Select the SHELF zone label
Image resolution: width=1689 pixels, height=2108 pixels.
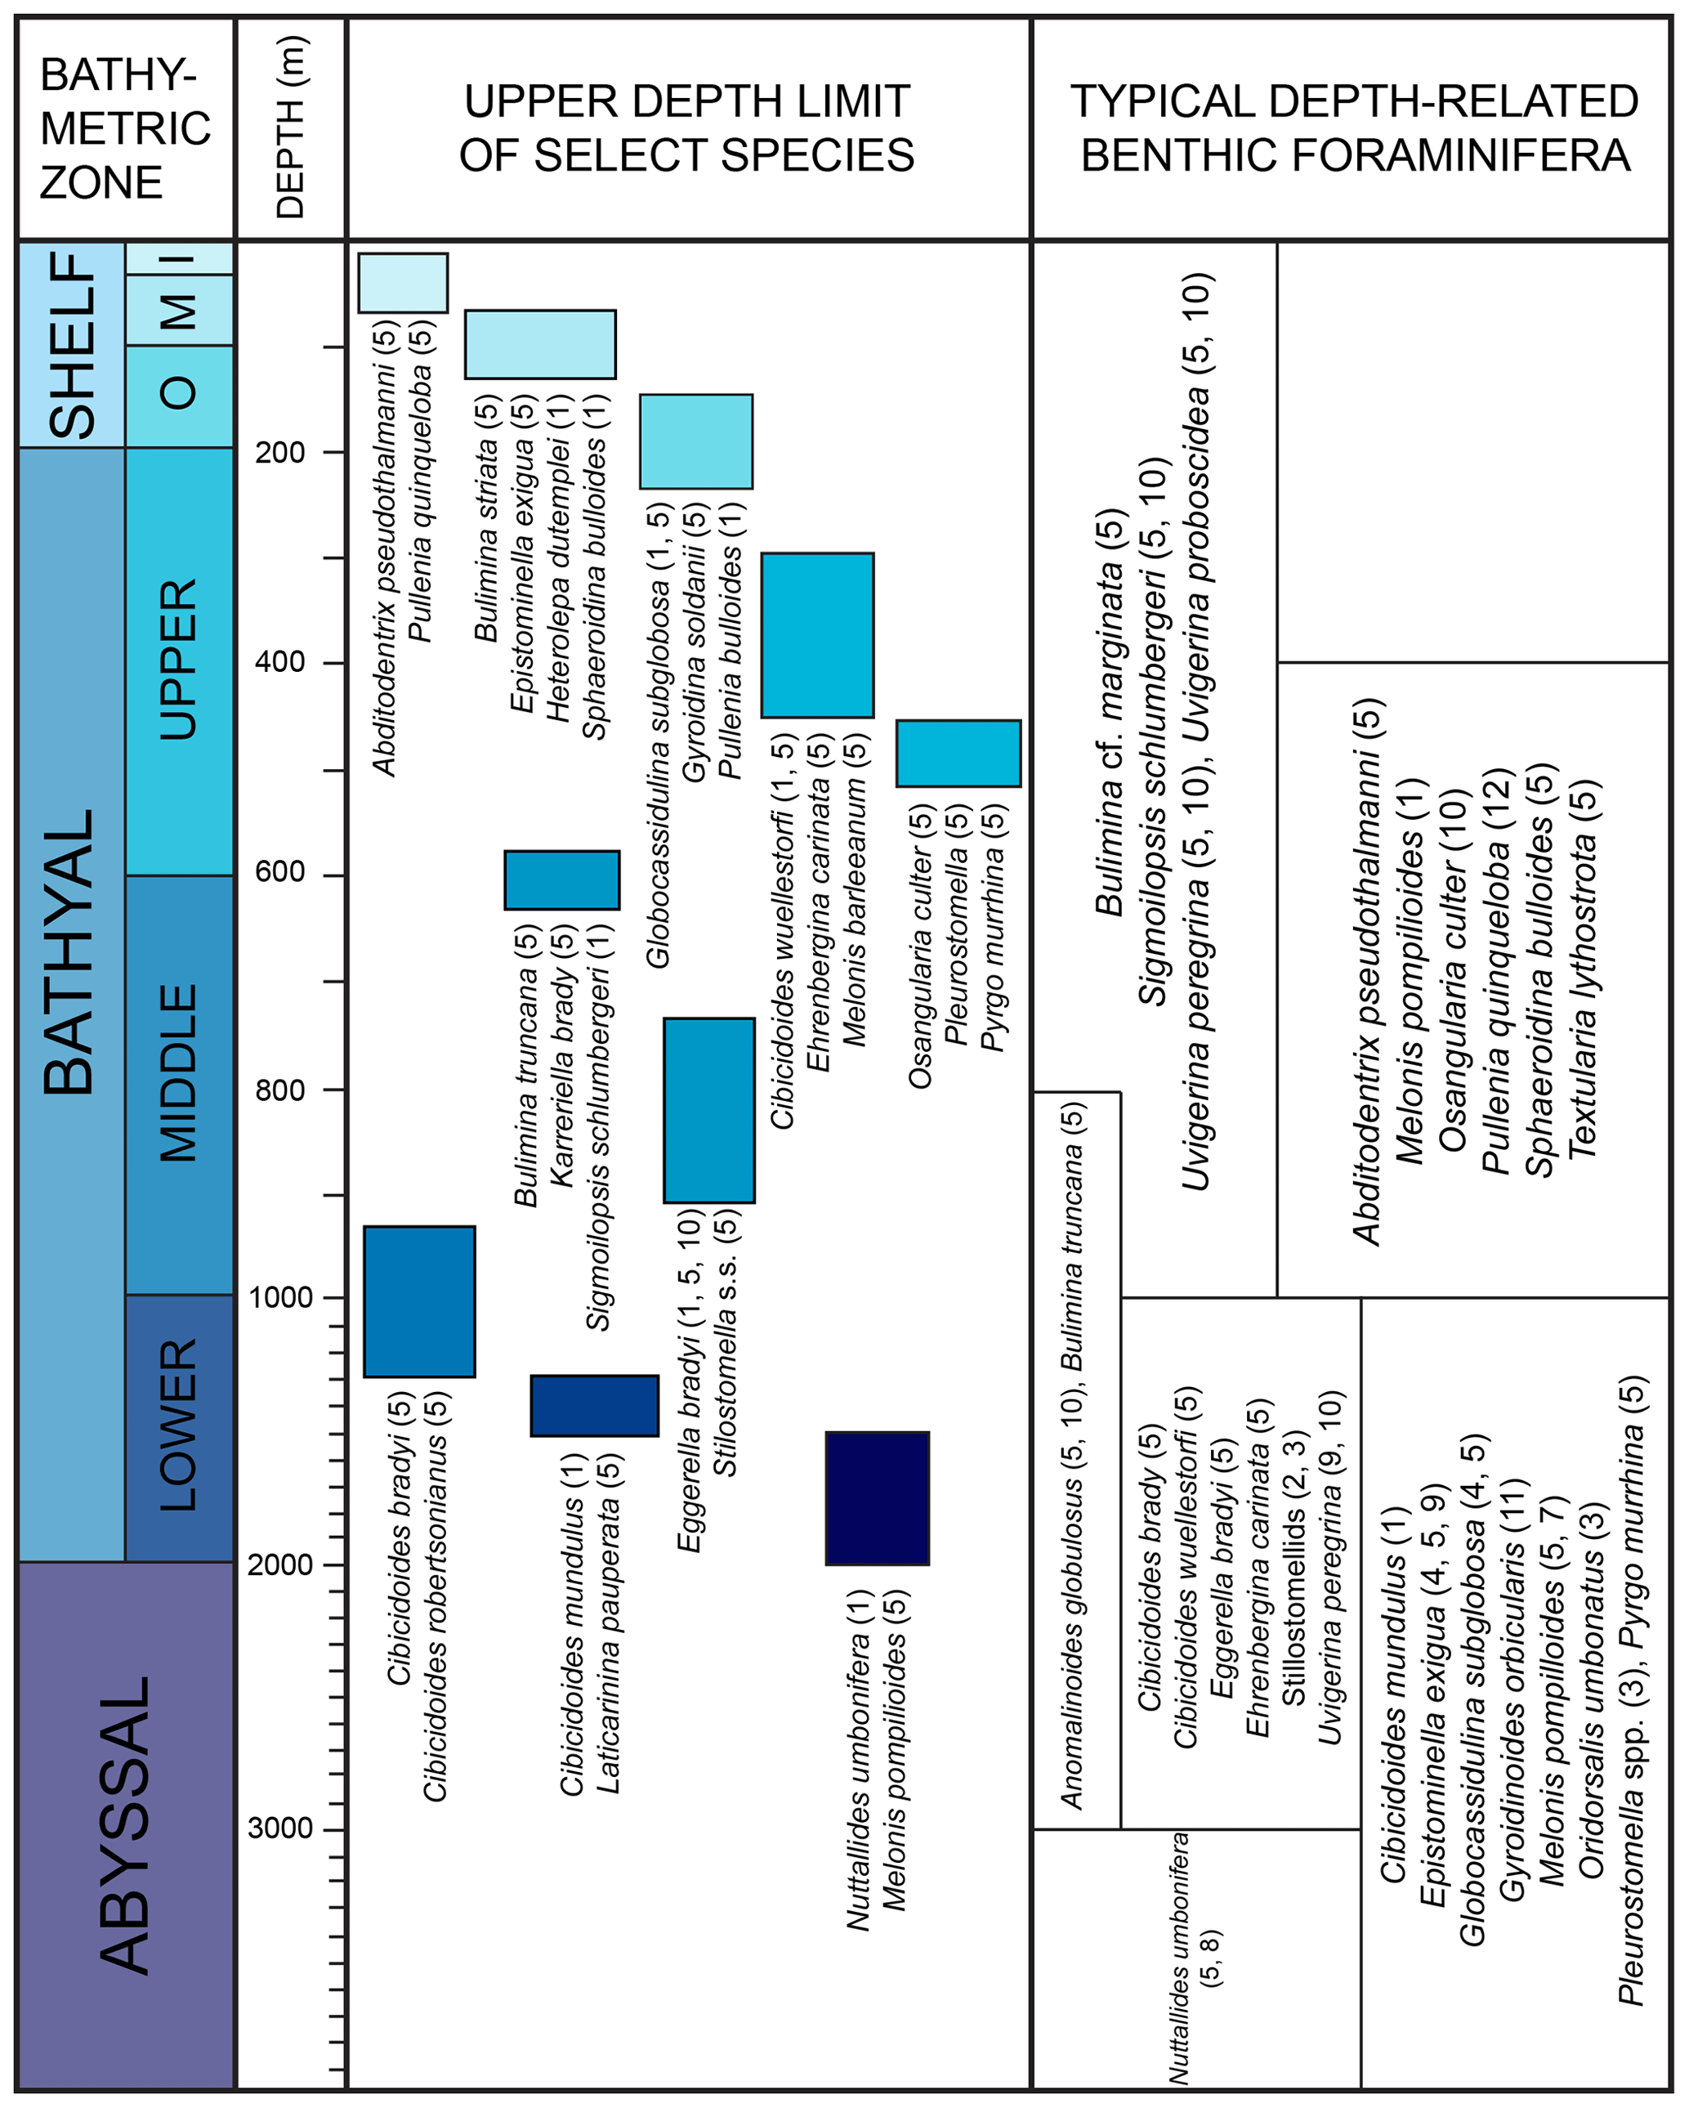click(x=74, y=344)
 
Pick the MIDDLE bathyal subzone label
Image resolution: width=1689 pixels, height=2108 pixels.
click(x=179, y=1072)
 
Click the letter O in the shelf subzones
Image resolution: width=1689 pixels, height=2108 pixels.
click(x=179, y=394)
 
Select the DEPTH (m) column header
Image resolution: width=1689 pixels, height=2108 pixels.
click(x=290, y=128)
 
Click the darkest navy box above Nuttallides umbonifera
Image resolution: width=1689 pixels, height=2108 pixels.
click(x=877, y=1499)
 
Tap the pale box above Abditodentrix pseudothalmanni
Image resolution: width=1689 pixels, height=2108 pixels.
click(x=403, y=283)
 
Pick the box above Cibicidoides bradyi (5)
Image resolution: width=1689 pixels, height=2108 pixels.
click(x=419, y=1301)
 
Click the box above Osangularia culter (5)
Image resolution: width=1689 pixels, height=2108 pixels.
click(x=958, y=754)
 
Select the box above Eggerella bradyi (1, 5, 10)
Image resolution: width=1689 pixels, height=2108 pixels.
click(x=708, y=1110)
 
